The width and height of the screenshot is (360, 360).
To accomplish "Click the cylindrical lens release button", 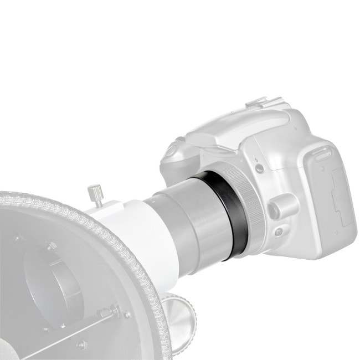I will pos(277,208).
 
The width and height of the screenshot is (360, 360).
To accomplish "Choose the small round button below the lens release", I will pos(278,232).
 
